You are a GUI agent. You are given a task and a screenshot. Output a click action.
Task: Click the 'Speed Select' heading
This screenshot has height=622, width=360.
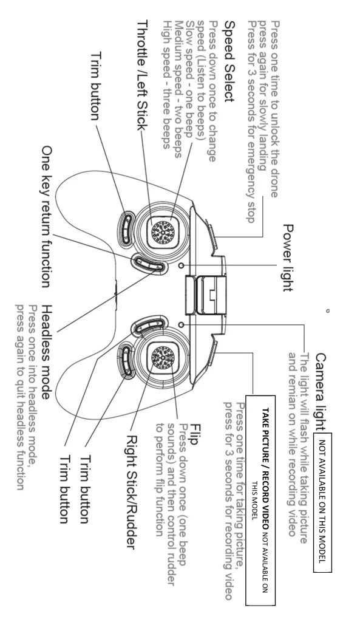229,61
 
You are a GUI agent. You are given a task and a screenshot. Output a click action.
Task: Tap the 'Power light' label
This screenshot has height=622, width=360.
288,258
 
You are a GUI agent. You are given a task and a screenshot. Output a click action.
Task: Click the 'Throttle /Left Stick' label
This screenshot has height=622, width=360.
142,75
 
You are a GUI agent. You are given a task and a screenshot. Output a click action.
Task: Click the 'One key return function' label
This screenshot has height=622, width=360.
47,216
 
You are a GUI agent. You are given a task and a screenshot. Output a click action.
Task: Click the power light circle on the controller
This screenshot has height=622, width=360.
182,265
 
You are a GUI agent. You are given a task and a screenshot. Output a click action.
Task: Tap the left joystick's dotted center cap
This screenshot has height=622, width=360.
163,230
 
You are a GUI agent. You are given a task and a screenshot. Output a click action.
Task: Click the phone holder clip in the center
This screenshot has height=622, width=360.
205,295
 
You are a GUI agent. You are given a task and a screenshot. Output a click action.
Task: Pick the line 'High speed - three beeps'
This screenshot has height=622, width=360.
168,84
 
